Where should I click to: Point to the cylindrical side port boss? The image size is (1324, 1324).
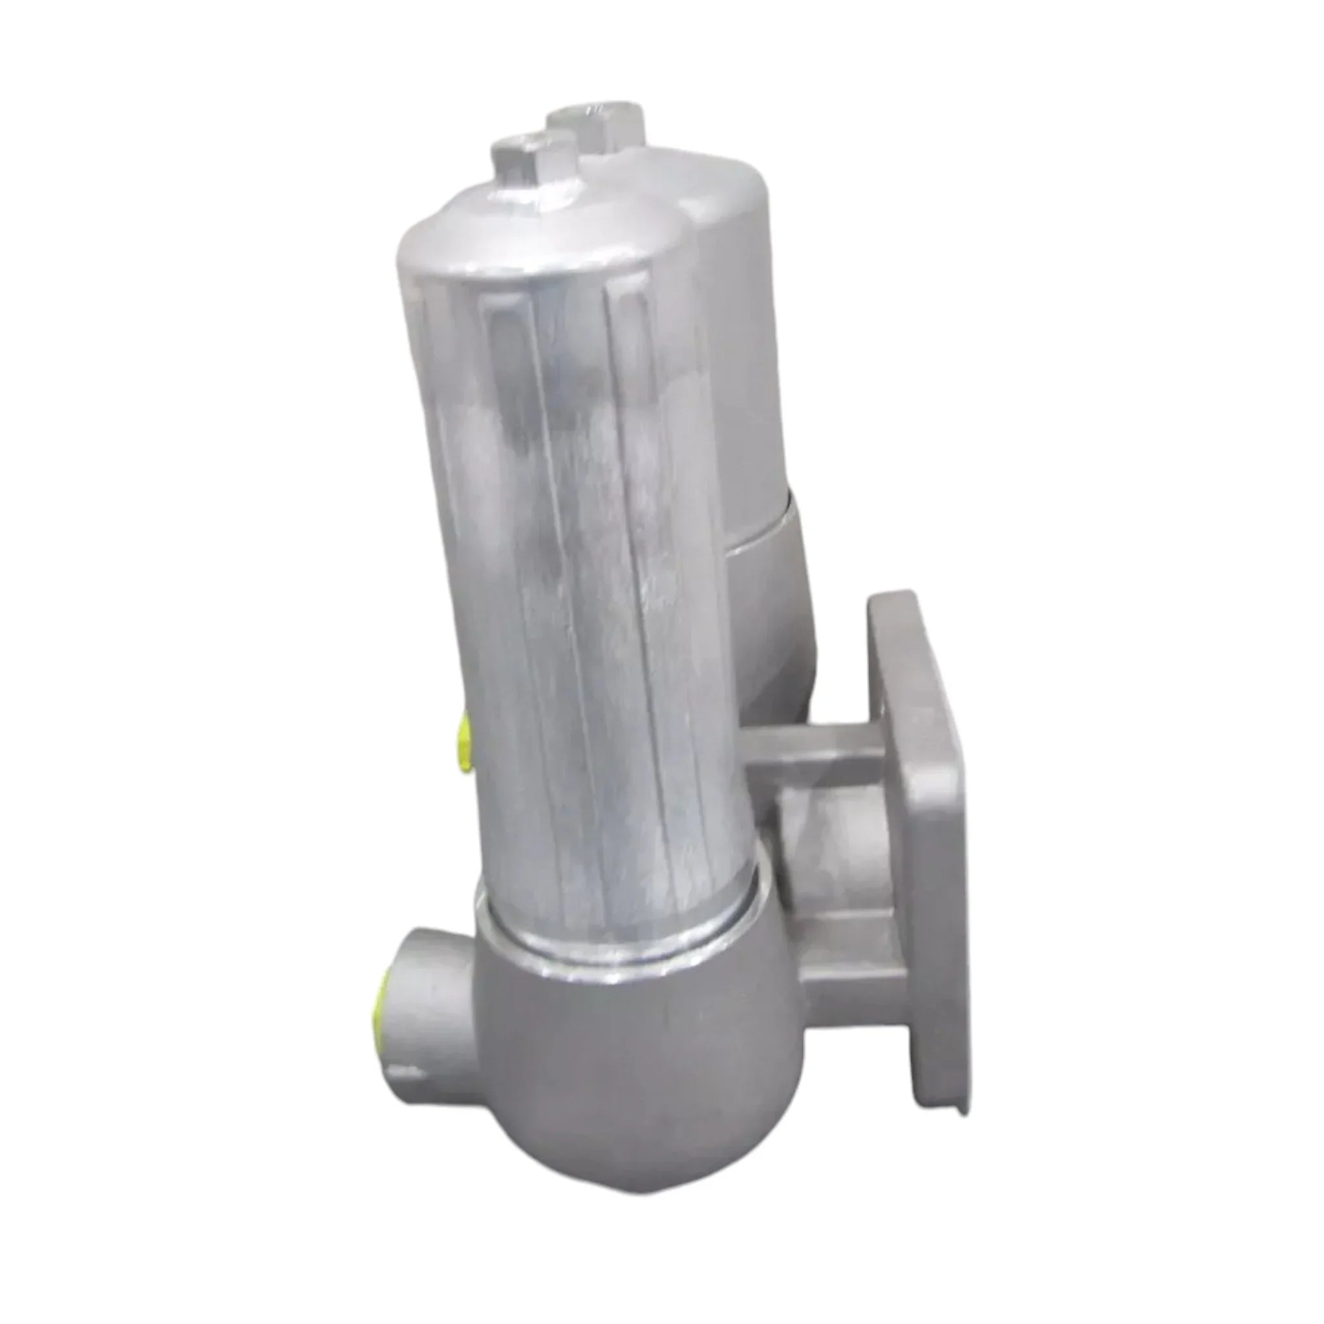418,987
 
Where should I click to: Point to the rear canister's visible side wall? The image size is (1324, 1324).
747,343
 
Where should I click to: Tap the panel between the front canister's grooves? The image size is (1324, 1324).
555,548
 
